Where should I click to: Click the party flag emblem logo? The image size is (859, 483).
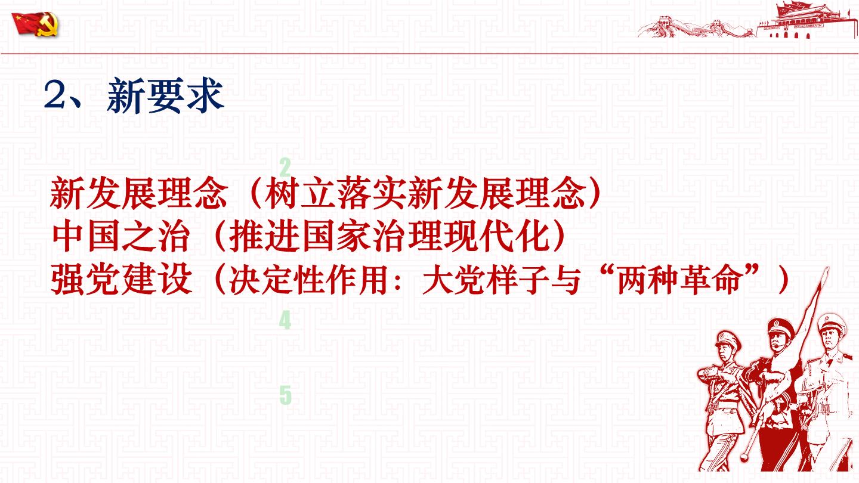coord(35,24)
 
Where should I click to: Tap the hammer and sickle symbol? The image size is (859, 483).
coord(48,26)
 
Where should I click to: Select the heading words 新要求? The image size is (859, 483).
coord(166,95)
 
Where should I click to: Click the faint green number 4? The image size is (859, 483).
coord(285,320)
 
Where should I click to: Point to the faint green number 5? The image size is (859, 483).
coord(285,395)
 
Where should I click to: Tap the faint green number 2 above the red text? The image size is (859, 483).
coord(285,167)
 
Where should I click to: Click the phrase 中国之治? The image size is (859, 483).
coord(121,237)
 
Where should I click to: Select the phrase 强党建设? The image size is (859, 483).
coord(121,279)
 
